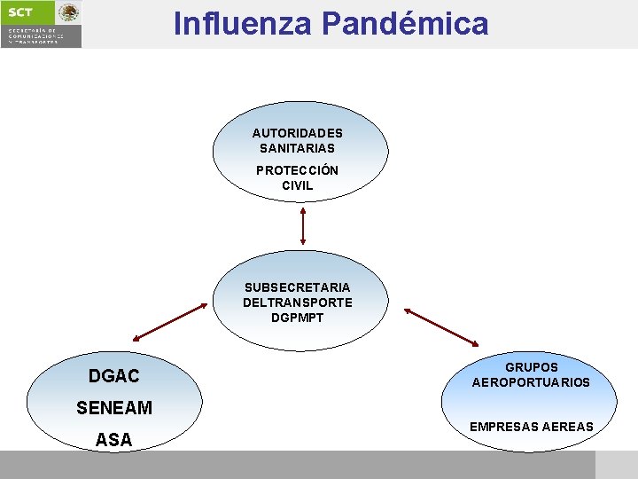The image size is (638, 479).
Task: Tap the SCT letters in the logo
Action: pos(20,12)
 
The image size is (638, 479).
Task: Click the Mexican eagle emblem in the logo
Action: pos(68,12)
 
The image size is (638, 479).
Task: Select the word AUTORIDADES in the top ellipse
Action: pos(298,133)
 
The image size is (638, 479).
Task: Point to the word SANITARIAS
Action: pos(298,148)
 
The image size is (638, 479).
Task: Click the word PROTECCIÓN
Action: pos(298,170)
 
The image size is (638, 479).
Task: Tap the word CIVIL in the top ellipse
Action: pos(298,185)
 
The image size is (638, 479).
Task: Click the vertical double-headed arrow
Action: pos(303,225)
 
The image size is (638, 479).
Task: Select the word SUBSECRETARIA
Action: pos(298,287)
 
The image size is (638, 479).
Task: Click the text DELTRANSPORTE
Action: pos(298,302)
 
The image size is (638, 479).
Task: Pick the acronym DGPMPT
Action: pos(298,318)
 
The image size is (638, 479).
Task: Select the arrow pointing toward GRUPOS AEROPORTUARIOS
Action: pos(440,326)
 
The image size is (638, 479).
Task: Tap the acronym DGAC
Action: pos(114,377)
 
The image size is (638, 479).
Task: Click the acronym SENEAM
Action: pos(114,408)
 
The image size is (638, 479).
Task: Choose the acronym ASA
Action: pos(114,439)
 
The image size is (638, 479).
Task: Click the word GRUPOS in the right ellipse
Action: pos(532,367)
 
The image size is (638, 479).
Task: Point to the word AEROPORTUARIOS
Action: pos(531,382)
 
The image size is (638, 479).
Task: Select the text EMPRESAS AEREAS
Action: pos(532,427)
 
